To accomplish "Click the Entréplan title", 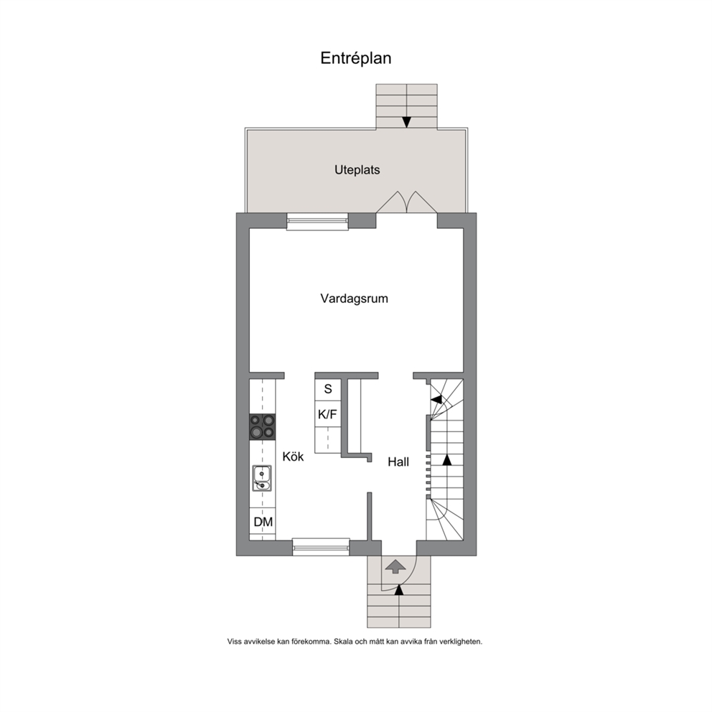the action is (x=355, y=58).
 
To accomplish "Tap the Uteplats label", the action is (x=357, y=170).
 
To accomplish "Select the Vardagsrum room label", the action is (x=354, y=299).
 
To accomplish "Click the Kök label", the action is (x=293, y=456).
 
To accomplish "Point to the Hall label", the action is (x=398, y=462).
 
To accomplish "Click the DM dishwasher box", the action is (x=263, y=523).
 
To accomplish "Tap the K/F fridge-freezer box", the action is (x=328, y=414).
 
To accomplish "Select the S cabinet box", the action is (x=328, y=389).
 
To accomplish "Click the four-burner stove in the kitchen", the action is (x=263, y=427).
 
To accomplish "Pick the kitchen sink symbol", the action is (x=262, y=478).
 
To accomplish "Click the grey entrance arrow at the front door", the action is (x=395, y=567).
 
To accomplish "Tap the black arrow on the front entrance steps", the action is (x=399, y=590).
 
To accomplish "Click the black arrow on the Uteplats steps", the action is (x=406, y=122).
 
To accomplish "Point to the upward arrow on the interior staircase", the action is (x=447, y=459).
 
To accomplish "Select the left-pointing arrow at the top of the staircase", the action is (x=436, y=400).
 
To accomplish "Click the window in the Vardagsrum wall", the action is (x=317, y=221).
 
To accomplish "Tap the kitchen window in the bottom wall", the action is (x=321, y=547).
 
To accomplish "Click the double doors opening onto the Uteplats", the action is (x=406, y=202).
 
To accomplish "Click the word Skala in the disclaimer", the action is (x=343, y=642).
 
